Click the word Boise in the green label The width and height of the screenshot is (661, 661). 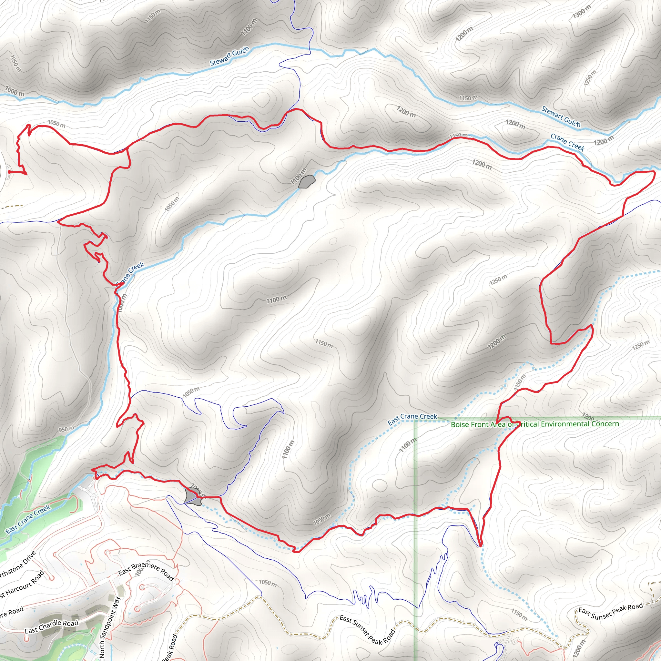click(460, 425)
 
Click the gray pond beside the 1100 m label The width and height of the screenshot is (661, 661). click(307, 181)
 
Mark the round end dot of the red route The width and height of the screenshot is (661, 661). click(10, 172)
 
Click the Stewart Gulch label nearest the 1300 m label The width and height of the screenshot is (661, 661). click(561, 117)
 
